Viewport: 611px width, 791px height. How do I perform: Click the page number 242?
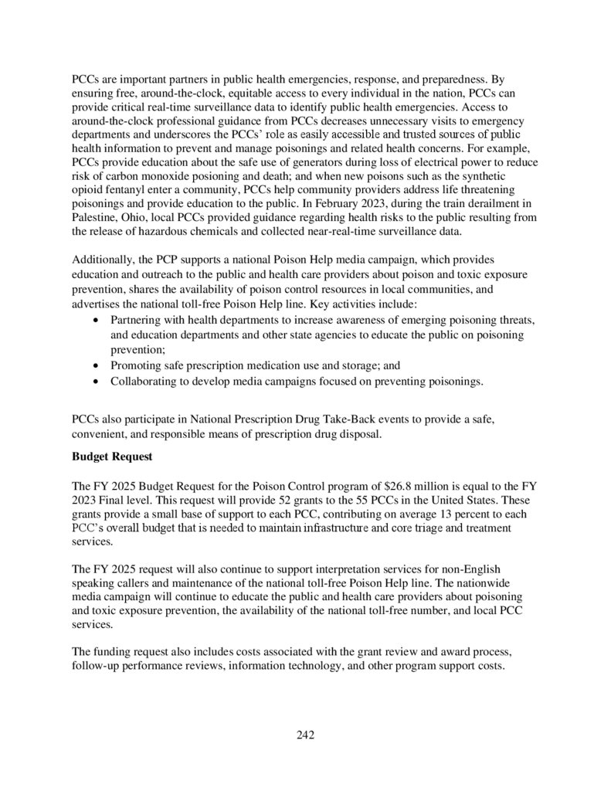(x=305, y=735)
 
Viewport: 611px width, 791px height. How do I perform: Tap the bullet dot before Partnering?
(x=95, y=320)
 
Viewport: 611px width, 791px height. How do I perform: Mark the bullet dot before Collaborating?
(x=95, y=382)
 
